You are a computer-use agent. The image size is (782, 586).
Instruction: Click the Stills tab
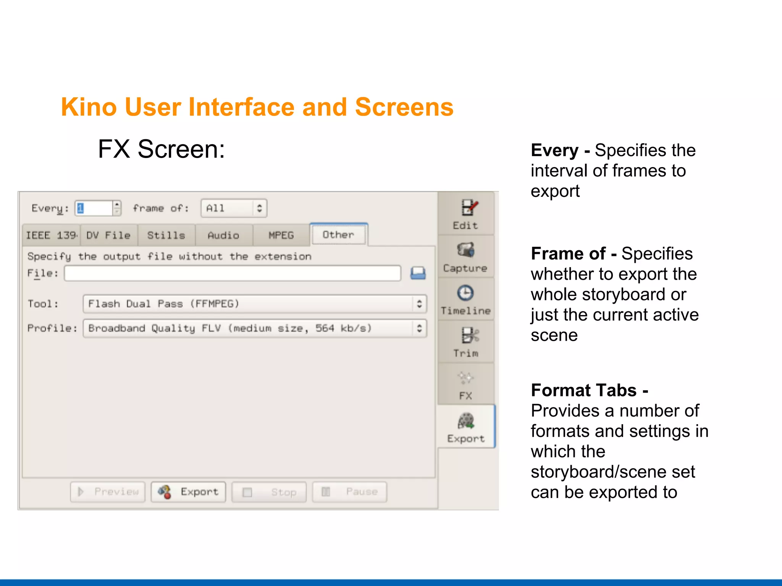(x=166, y=235)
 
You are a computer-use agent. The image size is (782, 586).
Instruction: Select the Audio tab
(x=224, y=235)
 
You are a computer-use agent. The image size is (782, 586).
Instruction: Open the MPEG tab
(x=281, y=235)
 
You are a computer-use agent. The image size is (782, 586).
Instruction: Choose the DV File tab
(x=108, y=235)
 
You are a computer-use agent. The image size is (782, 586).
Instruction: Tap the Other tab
(x=338, y=235)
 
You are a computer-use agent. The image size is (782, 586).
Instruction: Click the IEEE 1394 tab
(x=51, y=235)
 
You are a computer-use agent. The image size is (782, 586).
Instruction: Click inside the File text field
(x=232, y=274)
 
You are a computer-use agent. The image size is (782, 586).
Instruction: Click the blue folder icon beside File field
(x=418, y=274)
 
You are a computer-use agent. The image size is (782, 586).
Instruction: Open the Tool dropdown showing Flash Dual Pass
(x=254, y=304)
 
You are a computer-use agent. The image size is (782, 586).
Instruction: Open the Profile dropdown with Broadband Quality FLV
(x=254, y=328)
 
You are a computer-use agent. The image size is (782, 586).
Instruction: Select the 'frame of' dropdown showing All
(x=234, y=208)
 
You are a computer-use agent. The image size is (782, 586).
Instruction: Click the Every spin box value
(x=94, y=208)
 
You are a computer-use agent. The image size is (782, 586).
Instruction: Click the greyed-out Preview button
(x=108, y=492)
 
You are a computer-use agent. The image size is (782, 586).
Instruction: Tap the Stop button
(x=269, y=492)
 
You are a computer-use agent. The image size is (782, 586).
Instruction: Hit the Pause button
(x=349, y=492)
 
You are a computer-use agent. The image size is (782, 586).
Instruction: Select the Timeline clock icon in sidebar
(x=465, y=293)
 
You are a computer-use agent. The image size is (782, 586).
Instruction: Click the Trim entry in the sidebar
(x=466, y=342)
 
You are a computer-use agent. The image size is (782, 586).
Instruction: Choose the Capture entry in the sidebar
(x=465, y=257)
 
